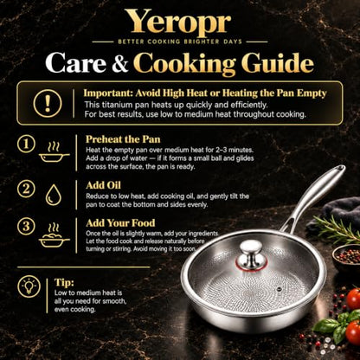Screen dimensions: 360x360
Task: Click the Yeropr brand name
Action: (178, 22)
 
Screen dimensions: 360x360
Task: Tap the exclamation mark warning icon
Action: (48, 103)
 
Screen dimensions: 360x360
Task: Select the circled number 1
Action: (26, 144)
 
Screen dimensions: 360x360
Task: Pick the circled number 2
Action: (26, 190)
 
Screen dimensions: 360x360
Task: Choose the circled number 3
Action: (26, 227)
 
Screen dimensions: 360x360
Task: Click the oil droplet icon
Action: (54, 195)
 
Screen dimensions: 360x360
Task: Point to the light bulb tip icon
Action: (29, 286)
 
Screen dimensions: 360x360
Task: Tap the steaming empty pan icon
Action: (55, 152)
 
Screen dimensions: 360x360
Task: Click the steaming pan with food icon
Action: (55, 235)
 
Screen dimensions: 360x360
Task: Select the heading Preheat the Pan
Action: (123, 139)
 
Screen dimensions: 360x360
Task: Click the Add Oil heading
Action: (103, 185)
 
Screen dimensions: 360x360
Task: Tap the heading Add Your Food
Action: (120, 223)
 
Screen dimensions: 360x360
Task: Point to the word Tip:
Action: (64, 282)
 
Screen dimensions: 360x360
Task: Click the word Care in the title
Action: (76, 63)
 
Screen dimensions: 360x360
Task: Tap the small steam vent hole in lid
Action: (279, 288)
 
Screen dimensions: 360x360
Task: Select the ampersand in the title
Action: (119, 64)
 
